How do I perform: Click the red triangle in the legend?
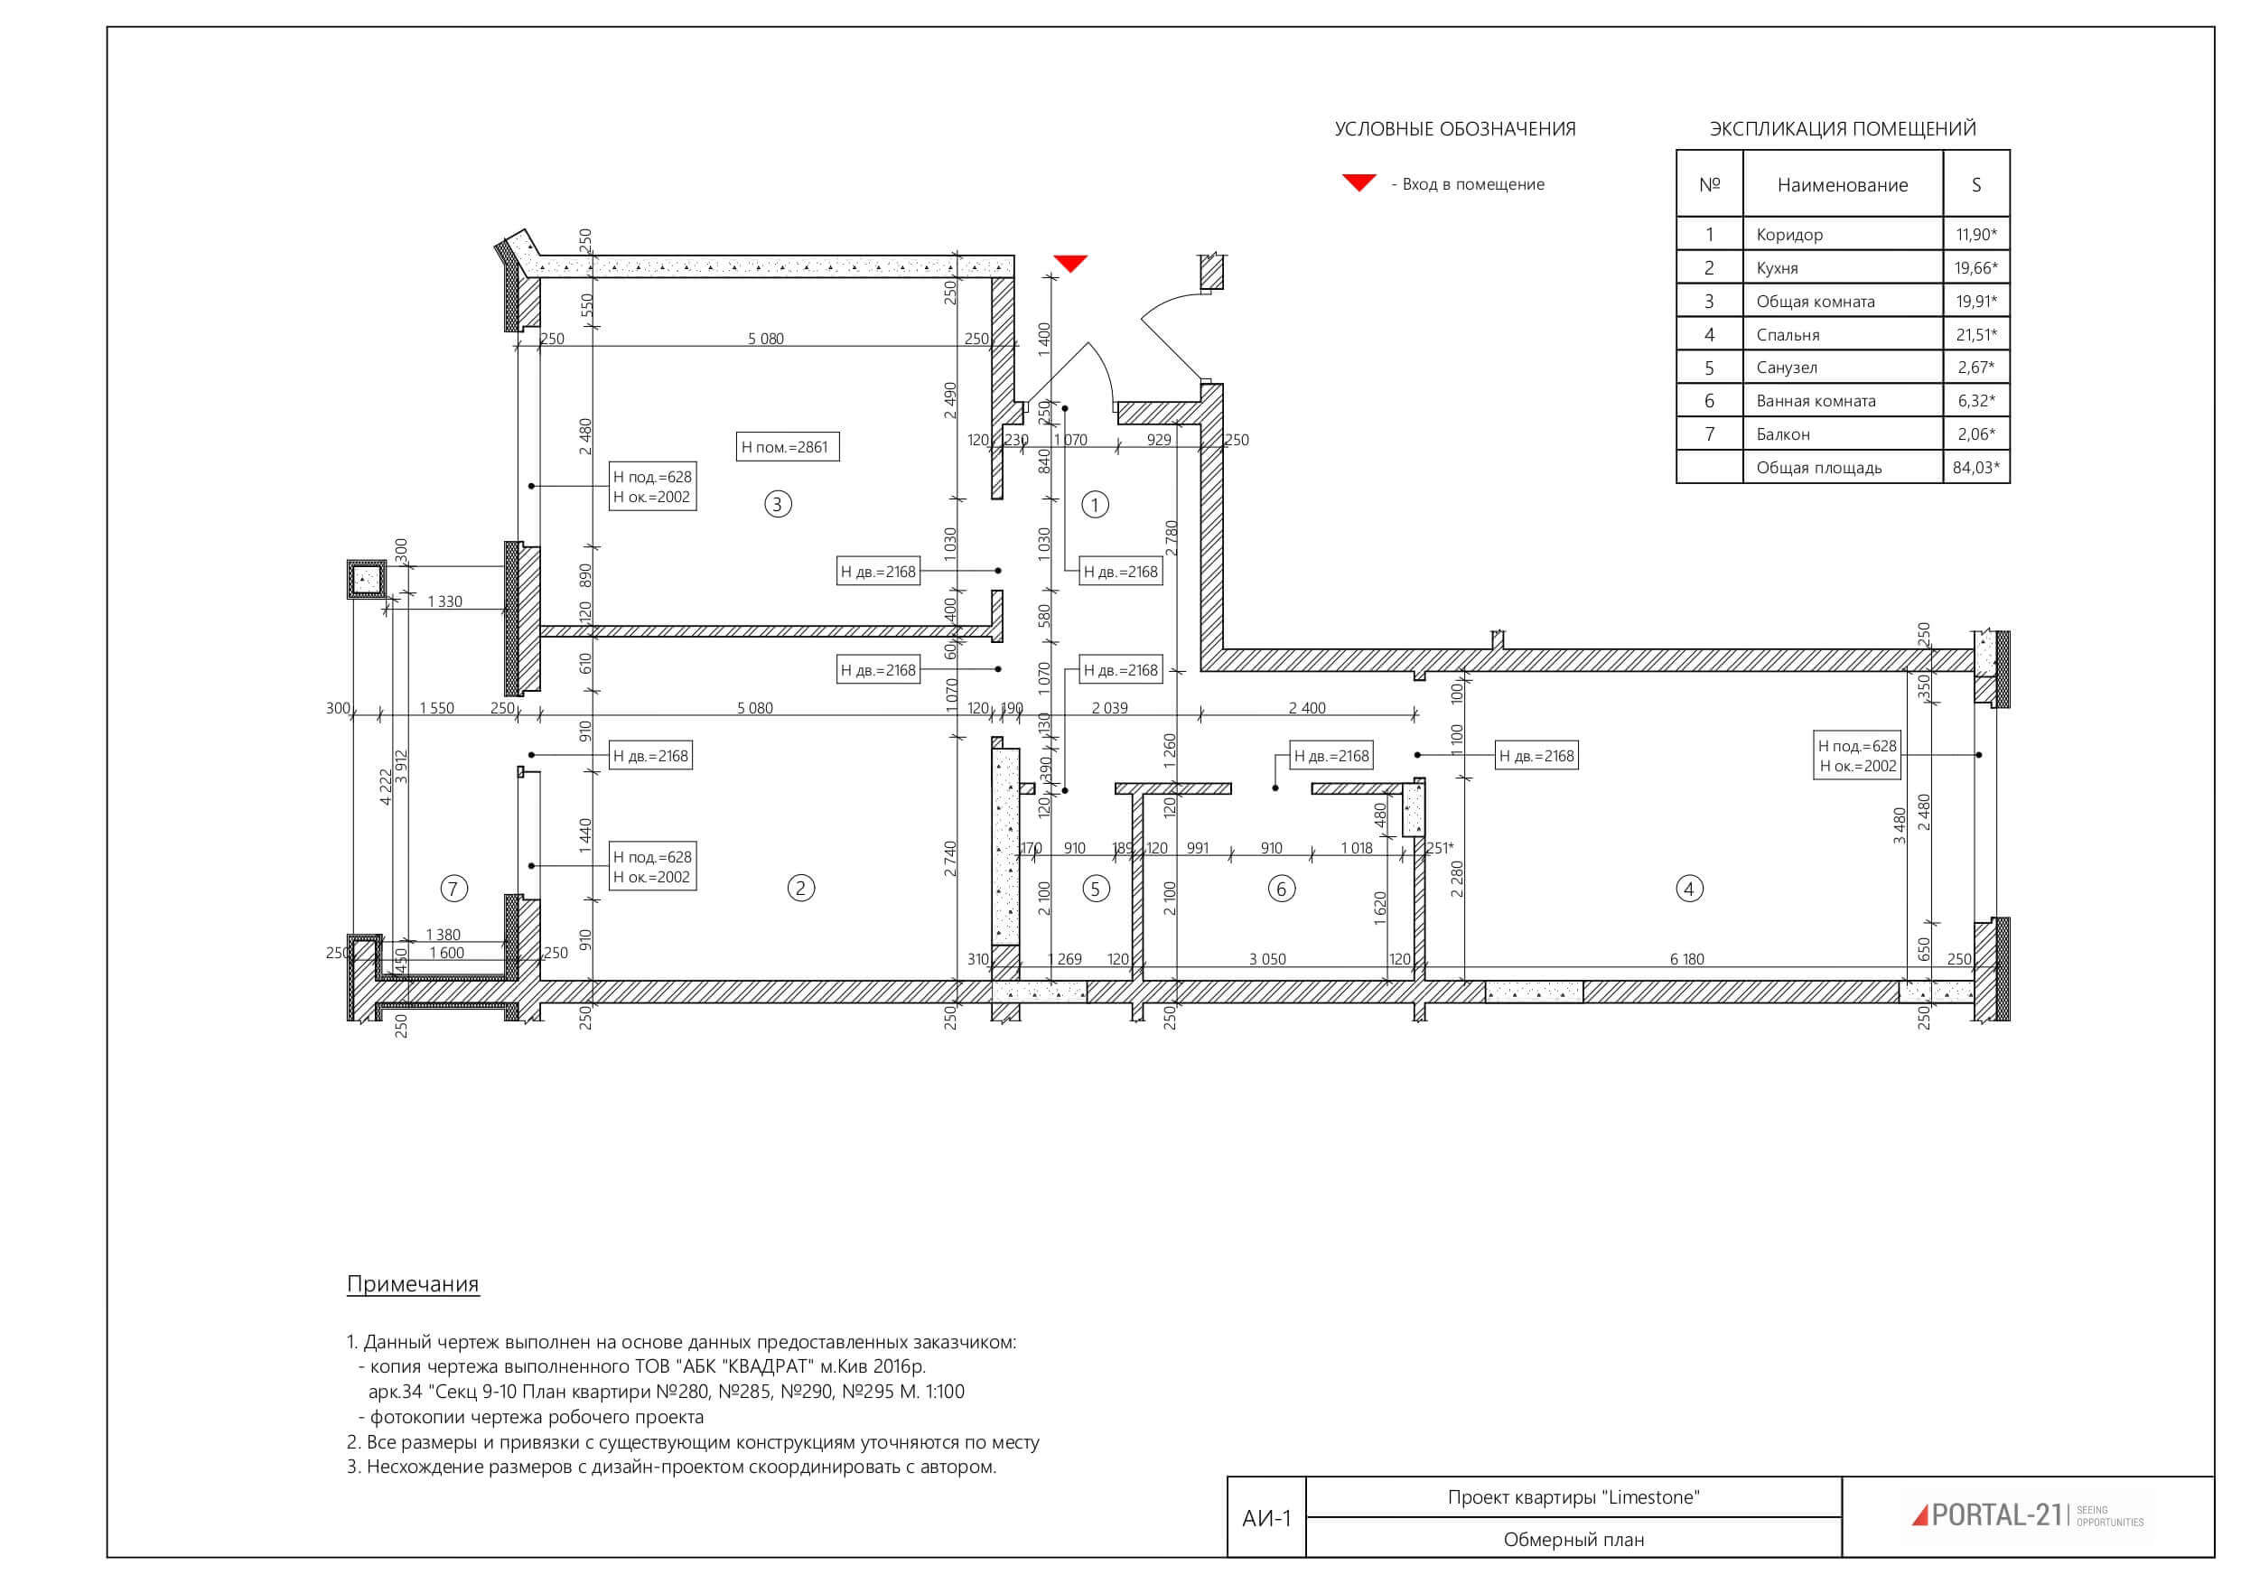(x=1359, y=182)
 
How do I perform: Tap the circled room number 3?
(x=778, y=504)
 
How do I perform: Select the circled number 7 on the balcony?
(x=453, y=888)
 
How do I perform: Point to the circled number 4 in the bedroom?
(x=1689, y=888)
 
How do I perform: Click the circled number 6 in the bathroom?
(x=1282, y=888)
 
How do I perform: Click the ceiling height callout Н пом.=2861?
(x=787, y=447)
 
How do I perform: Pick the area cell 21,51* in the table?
(x=1976, y=335)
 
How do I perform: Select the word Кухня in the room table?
(x=1778, y=268)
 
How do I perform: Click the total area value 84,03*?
(x=1976, y=468)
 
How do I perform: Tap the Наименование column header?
(x=1843, y=184)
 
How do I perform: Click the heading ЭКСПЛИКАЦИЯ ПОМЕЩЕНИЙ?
(x=1843, y=129)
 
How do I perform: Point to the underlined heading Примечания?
(x=413, y=1284)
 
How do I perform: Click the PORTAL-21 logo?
(x=2027, y=1514)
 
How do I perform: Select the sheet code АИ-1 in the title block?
(x=1266, y=1519)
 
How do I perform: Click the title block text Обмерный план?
(x=1573, y=1540)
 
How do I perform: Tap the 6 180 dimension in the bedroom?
(x=1686, y=959)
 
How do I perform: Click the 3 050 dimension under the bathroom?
(x=1268, y=959)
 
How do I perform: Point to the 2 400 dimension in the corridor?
(x=1307, y=709)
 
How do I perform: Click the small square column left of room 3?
(x=366, y=580)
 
